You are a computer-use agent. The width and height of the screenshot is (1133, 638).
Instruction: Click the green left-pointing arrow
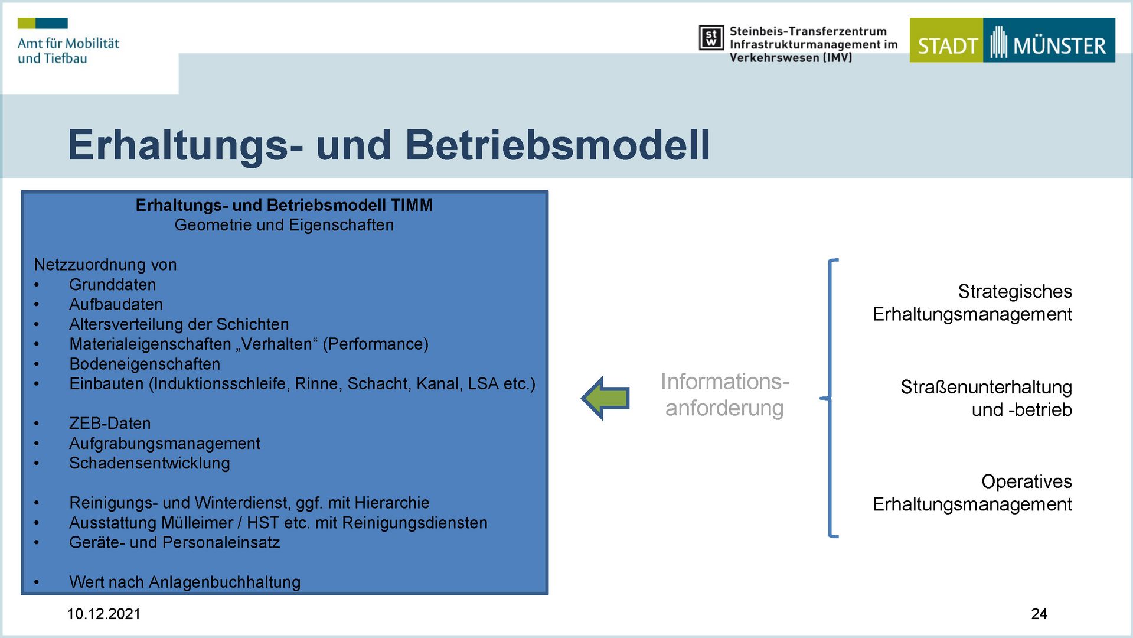pos(605,398)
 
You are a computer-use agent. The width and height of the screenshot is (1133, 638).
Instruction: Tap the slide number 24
pos(1039,614)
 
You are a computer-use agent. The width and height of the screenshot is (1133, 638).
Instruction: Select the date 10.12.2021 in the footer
pos(104,614)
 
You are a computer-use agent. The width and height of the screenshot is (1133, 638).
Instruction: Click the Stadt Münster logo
pos(1012,40)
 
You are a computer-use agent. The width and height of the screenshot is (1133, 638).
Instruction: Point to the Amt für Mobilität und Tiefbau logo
pos(68,41)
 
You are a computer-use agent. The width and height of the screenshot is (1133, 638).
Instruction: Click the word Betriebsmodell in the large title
pos(558,145)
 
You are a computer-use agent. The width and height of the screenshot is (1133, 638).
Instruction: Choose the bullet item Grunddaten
pos(113,285)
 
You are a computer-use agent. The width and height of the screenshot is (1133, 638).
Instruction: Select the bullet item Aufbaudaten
pos(116,304)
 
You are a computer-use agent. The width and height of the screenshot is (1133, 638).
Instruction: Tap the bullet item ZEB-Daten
pos(110,424)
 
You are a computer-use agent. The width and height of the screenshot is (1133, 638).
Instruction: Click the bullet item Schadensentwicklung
pos(149,463)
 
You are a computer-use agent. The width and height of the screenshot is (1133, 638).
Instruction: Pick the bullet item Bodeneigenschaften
pos(145,364)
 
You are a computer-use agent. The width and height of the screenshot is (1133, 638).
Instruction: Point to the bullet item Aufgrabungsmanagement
pos(165,444)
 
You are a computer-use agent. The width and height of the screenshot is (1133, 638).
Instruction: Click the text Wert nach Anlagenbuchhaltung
pos(185,582)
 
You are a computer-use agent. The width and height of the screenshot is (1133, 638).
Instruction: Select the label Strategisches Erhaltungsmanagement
pos(972,302)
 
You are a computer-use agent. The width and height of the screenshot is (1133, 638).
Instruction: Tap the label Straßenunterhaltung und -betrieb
pos(986,398)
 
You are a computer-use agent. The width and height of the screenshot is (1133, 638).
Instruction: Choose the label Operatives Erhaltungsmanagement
pos(972,493)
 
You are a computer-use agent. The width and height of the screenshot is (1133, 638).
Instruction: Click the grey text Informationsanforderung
pos(724,395)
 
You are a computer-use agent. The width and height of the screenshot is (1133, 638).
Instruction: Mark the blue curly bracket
pos(830,398)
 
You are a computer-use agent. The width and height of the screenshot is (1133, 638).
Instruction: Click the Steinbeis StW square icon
pos(711,38)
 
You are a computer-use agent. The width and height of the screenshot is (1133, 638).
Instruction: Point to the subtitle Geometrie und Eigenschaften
pos(284,225)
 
